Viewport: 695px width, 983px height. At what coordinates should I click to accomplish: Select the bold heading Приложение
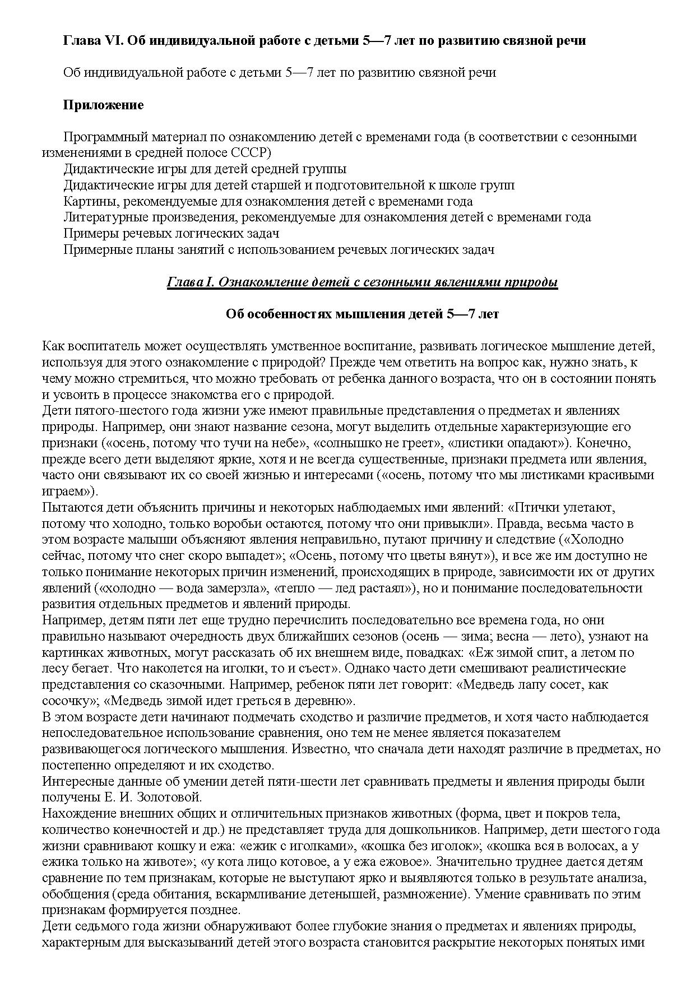click(x=103, y=105)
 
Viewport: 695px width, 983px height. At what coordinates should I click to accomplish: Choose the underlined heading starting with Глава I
click(x=362, y=282)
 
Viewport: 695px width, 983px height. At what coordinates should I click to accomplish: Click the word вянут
click(x=467, y=556)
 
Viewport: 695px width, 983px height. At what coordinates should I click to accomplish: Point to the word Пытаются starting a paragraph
click(x=68, y=508)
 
